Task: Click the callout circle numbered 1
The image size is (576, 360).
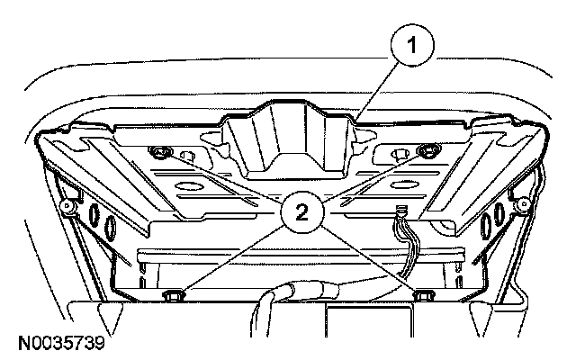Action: pyautogui.click(x=412, y=45)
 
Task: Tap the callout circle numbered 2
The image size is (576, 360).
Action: pyautogui.click(x=302, y=212)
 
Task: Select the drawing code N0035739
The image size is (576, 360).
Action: pyautogui.click(x=61, y=343)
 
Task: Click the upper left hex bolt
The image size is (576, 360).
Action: pyautogui.click(x=160, y=152)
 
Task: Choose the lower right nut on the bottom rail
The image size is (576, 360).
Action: pyautogui.click(x=424, y=294)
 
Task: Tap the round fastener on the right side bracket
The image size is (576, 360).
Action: pyautogui.click(x=522, y=204)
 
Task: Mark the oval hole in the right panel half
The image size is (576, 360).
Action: pyautogui.click(x=403, y=184)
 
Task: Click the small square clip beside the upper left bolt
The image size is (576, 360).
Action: pyautogui.click(x=188, y=156)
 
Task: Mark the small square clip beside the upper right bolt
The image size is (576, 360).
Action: pyautogui.click(x=400, y=155)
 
